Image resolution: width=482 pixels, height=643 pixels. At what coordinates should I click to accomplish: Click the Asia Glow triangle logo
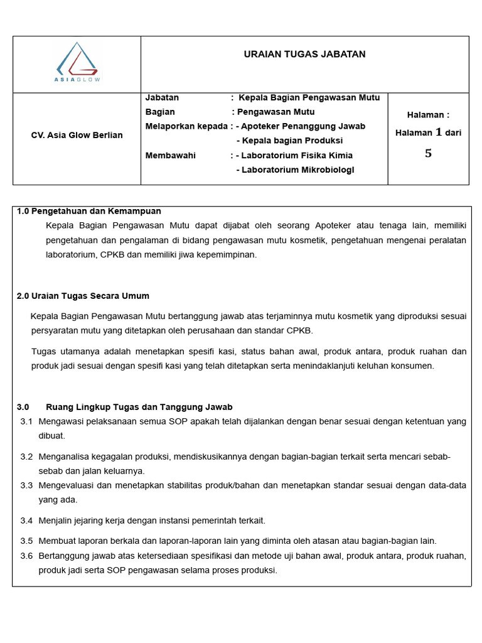(x=78, y=62)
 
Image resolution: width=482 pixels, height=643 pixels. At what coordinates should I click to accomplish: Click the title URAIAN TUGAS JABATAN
(x=304, y=55)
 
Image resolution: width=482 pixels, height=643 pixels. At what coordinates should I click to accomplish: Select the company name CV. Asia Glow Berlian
(x=77, y=136)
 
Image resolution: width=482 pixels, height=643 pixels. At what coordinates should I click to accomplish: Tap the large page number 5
(x=428, y=154)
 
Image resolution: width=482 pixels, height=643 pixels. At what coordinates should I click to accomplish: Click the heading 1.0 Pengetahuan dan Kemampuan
(x=88, y=211)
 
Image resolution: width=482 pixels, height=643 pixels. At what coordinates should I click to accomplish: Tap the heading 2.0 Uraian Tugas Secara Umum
(x=83, y=296)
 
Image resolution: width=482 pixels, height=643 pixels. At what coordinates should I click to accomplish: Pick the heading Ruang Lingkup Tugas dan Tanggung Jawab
(x=139, y=408)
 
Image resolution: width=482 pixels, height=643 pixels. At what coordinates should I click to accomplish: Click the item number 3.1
(x=26, y=421)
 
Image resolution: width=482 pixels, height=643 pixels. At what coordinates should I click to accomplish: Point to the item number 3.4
(x=26, y=521)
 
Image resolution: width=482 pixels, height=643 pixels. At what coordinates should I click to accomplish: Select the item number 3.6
(x=26, y=556)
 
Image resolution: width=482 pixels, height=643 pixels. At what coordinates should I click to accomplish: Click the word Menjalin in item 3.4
(x=55, y=521)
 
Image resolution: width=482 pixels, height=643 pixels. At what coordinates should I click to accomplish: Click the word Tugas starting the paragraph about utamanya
(x=43, y=352)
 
